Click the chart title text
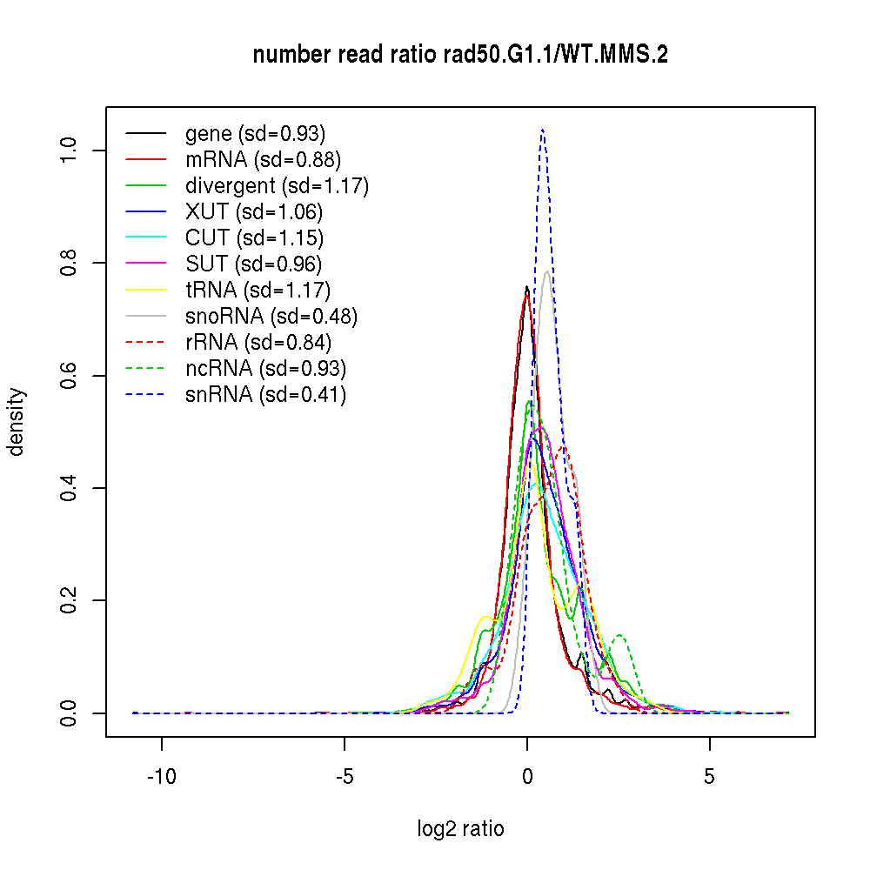click(460, 56)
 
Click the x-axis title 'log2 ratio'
click(460, 829)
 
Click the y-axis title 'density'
click(17, 422)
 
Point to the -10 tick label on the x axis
click(161, 777)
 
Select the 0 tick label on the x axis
click(527, 777)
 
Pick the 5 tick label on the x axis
click(710, 777)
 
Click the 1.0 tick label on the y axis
click(70, 151)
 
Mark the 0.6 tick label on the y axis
click(70, 376)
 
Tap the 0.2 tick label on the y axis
click(70, 600)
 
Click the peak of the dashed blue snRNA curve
click(542, 130)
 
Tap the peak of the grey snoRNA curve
click(547, 271)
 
